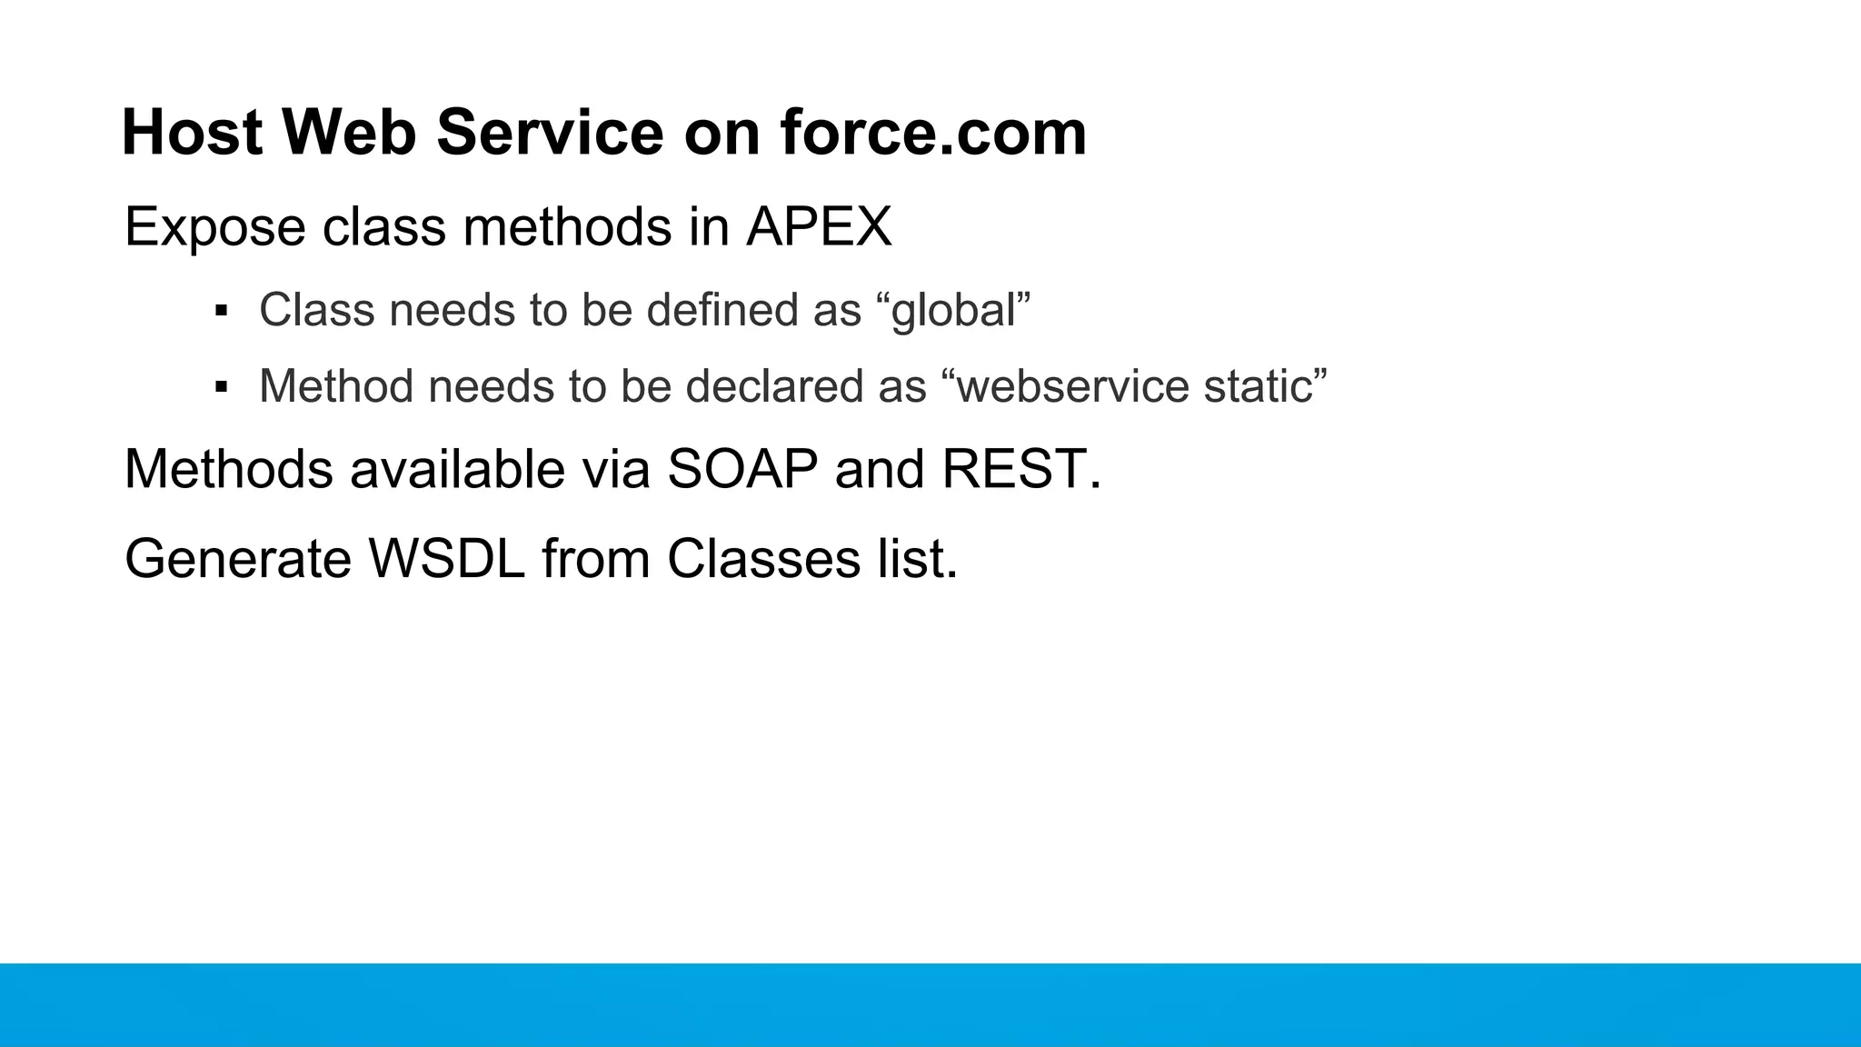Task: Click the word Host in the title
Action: click(192, 133)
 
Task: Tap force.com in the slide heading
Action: click(932, 133)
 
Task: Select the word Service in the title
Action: click(550, 133)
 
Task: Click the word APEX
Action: click(819, 226)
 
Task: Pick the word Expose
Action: click(214, 226)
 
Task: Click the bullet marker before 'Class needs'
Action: click(221, 311)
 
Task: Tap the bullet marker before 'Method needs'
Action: click(221, 387)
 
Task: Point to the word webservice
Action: click(1072, 386)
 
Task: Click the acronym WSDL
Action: click(446, 558)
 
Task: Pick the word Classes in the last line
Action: click(763, 558)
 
